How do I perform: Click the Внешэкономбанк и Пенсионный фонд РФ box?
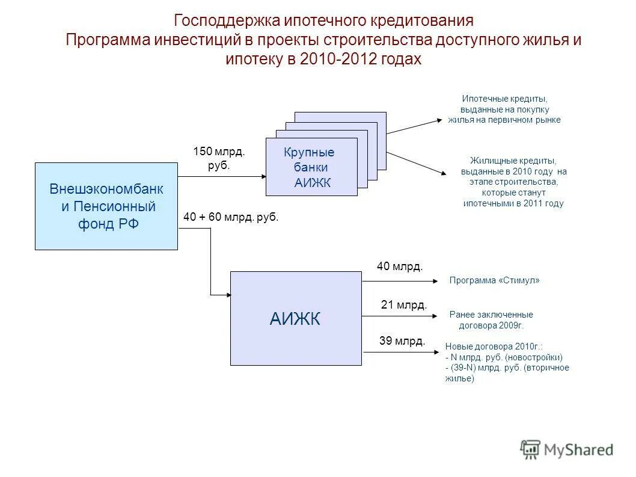(x=106, y=206)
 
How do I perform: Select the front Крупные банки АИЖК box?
(x=311, y=167)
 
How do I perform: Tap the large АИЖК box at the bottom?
(x=296, y=318)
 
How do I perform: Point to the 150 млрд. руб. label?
(x=219, y=158)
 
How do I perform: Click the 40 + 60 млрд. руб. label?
(x=231, y=217)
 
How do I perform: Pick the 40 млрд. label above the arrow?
(x=400, y=266)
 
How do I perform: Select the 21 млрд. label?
(x=404, y=305)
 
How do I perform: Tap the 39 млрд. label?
(x=402, y=341)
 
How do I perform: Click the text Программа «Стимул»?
(x=495, y=280)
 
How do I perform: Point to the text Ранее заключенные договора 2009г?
(x=491, y=319)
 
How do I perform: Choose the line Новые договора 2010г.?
(x=494, y=346)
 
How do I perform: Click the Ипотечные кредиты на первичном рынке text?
(x=504, y=109)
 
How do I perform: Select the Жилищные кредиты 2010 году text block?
(x=513, y=182)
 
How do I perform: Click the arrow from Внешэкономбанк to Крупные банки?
(x=222, y=177)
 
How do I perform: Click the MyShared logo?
(x=567, y=449)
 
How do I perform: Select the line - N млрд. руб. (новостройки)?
(x=504, y=357)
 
